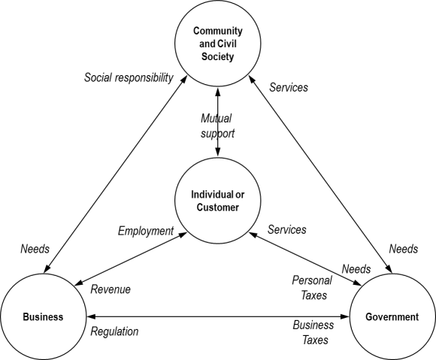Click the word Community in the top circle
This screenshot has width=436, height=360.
[x=218, y=31]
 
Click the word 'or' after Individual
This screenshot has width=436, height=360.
[x=240, y=195]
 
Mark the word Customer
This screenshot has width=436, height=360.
[x=218, y=207]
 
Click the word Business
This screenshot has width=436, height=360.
[x=43, y=317]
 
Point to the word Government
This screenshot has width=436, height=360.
[x=392, y=317]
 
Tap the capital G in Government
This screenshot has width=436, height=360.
[x=369, y=317]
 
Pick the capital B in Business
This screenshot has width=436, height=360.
[x=26, y=317]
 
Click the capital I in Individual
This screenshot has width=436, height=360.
[x=192, y=195]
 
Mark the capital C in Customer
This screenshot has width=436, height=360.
[x=199, y=207]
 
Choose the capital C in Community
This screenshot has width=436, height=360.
[x=196, y=31]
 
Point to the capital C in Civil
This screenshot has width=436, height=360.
[x=221, y=43]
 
